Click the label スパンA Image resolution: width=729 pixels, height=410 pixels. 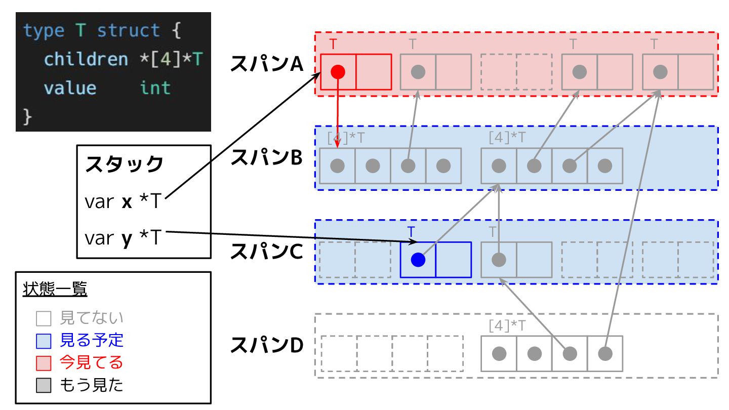coord(266,64)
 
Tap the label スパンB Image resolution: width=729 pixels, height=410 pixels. coord(266,158)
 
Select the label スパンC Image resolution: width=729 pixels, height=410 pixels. coord(266,252)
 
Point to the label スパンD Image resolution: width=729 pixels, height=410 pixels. coord(266,346)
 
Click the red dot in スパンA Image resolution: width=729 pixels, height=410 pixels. coord(338,72)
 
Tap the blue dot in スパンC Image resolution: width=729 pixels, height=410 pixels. coord(418,260)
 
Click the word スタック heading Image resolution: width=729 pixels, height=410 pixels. coord(125,165)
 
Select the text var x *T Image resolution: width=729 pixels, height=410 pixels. coord(123,202)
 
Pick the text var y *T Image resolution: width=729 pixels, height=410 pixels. coord(123,237)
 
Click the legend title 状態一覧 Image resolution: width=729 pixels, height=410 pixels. coord(55,290)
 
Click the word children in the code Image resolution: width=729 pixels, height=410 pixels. coord(86,60)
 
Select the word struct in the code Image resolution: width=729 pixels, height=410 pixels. coord(129,31)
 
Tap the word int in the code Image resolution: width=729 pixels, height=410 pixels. coord(155,88)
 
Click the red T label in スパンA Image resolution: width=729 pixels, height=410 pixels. coord(333,44)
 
